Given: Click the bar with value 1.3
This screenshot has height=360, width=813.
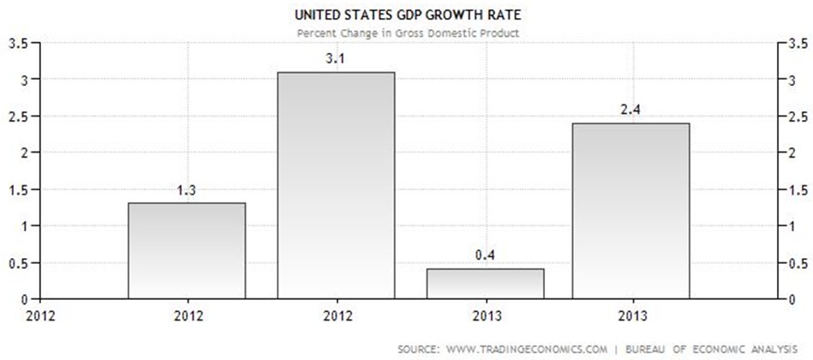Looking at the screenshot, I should click(x=187, y=250).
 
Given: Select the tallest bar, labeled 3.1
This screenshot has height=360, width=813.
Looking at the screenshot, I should click(x=336, y=185).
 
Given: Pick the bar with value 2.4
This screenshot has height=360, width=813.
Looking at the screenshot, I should click(x=631, y=211).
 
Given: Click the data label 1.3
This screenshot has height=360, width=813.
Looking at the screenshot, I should click(x=187, y=191).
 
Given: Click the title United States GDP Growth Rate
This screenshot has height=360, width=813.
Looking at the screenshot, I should click(x=408, y=15).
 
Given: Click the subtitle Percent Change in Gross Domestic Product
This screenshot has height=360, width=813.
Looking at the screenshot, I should click(x=408, y=33).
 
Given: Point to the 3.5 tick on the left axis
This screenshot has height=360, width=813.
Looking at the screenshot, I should click(x=16, y=43).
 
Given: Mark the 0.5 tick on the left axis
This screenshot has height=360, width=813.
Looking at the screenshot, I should click(x=16, y=262).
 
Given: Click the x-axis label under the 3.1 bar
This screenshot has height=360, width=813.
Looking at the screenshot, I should click(x=336, y=315).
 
